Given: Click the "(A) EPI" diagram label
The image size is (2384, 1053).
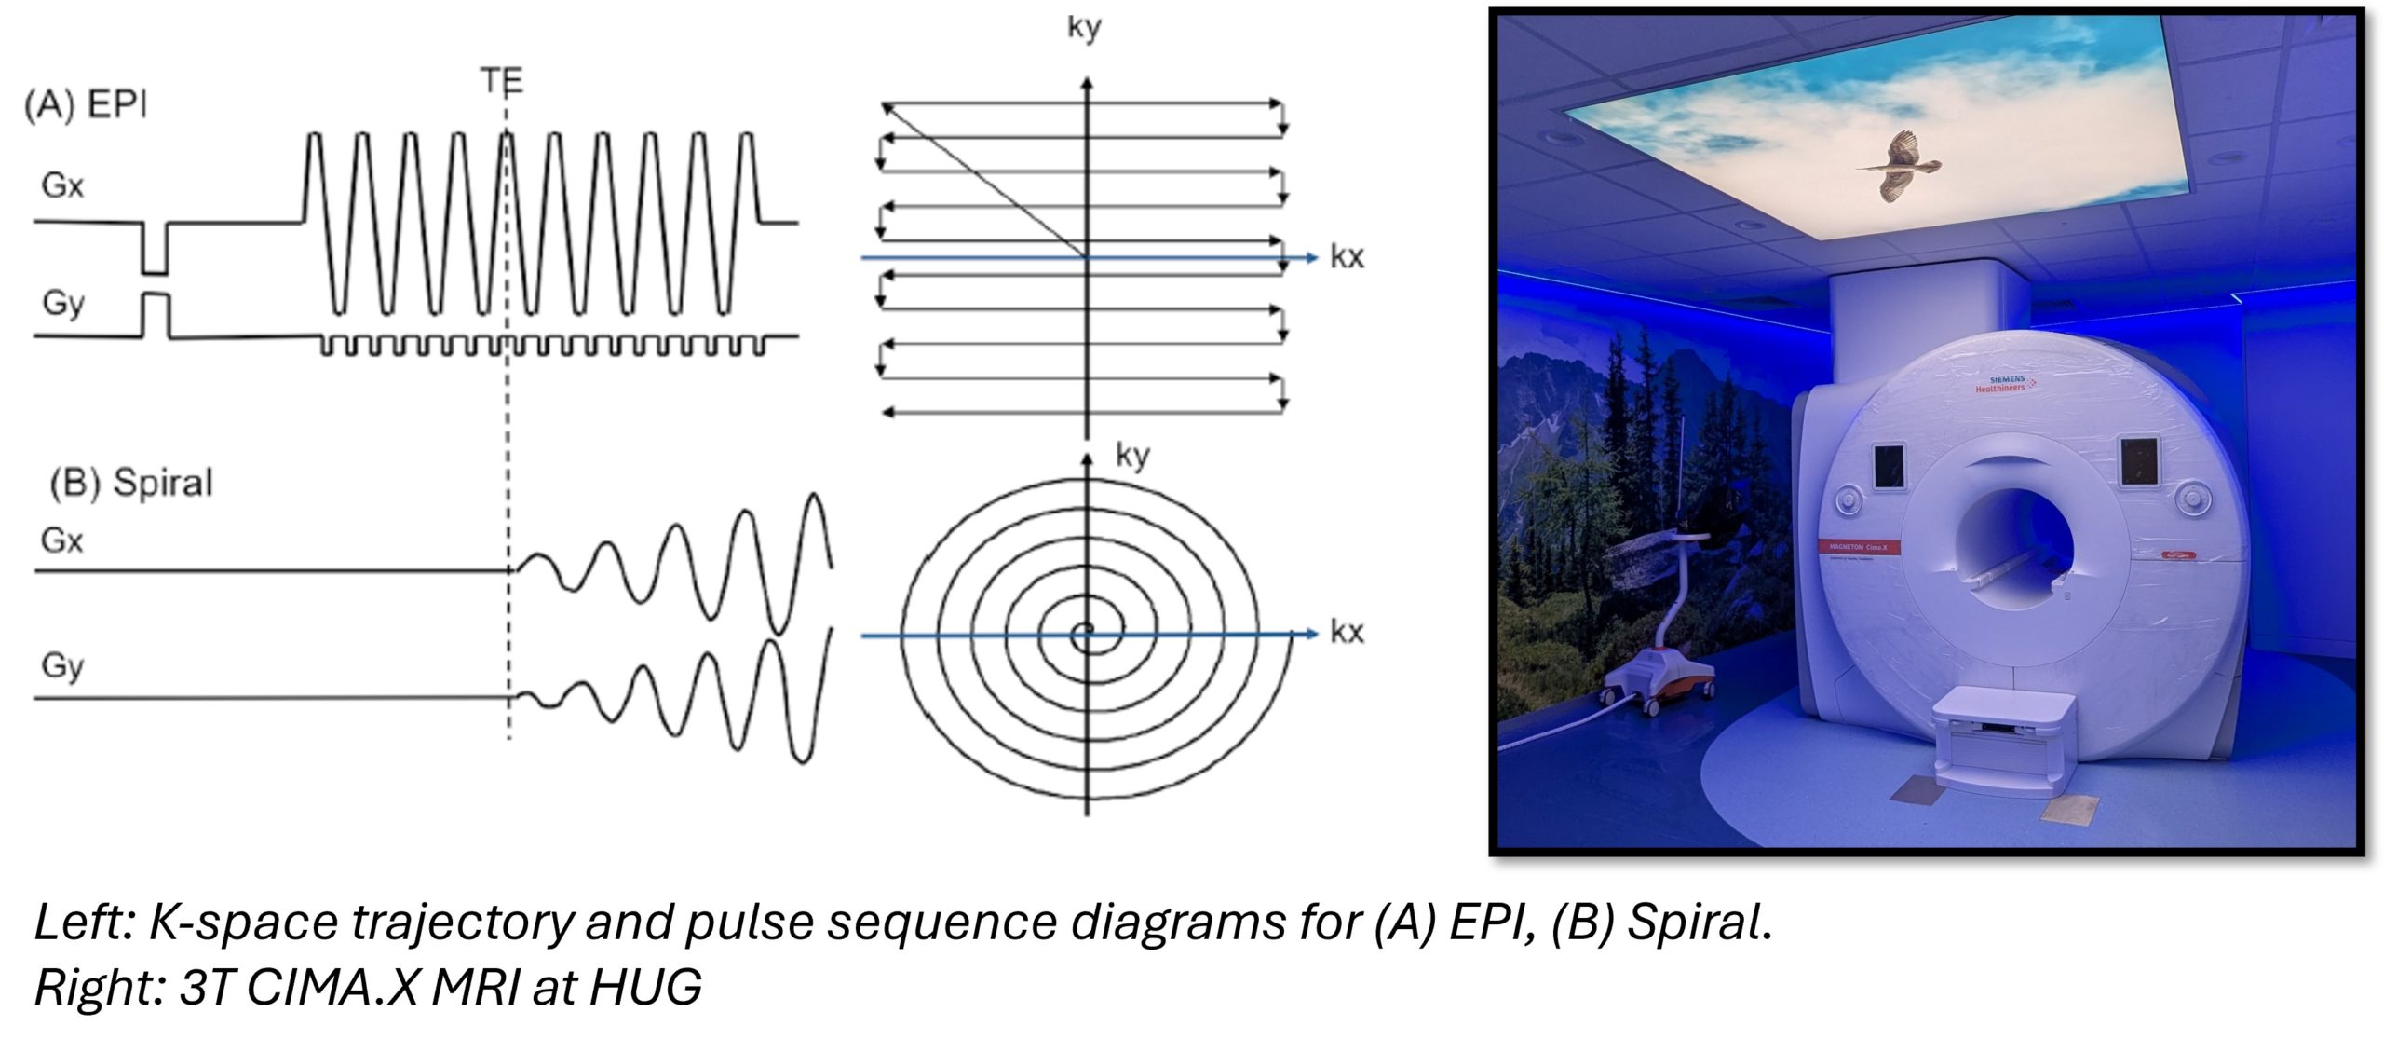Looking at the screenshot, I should [x=86, y=105].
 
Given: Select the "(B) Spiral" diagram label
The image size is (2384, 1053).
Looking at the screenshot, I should [x=131, y=483].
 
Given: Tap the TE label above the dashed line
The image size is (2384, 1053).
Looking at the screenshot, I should [x=502, y=82].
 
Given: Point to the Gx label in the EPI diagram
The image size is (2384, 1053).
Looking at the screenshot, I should [x=62, y=185].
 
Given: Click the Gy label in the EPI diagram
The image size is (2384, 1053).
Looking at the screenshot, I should [x=62, y=303].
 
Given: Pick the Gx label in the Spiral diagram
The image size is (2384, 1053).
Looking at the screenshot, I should [x=62, y=540].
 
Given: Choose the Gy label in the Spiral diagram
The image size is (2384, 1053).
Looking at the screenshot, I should [x=62, y=666].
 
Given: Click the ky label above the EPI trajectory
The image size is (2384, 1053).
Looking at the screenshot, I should [x=1084, y=27].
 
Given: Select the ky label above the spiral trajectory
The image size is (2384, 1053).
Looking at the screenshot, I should [x=1132, y=456].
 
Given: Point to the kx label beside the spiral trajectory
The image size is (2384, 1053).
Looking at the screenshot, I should [x=1347, y=633].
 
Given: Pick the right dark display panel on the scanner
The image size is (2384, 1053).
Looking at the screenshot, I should [x=2138, y=460].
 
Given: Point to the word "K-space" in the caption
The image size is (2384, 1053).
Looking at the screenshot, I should [x=243, y=923].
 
